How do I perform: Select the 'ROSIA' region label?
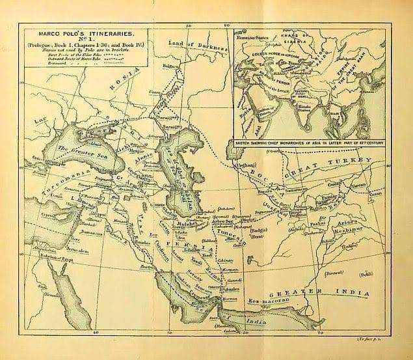pyautogui.click(x=124, y=79)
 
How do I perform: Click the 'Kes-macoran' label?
pyautogui.click(x=269, y=301)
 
